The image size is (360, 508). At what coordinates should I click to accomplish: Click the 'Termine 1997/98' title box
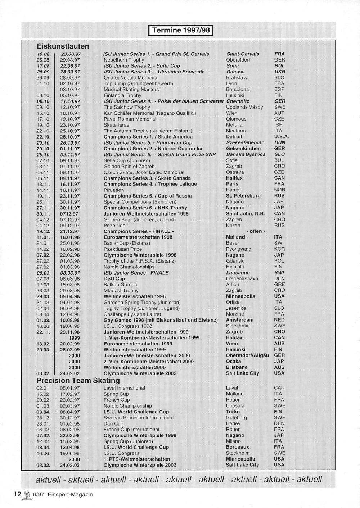tap(181, 30)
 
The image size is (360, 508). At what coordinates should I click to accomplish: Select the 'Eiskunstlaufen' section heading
tap(63, 46)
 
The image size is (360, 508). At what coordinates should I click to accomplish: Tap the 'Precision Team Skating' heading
tap(78, 381)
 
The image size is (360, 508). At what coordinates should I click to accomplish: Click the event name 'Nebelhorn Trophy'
tap(124, 60)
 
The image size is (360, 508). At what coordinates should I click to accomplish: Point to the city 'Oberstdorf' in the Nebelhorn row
tap(238, 60)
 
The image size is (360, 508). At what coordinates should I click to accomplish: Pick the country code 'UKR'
tap(279, 72)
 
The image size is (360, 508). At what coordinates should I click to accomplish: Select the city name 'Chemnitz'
tap(238, 101)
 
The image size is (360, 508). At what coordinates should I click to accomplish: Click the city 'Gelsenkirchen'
tap(243, 149)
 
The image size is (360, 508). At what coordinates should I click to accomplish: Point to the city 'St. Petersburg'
tap(243, 196)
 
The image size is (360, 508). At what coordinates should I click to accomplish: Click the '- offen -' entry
tap(256, 231)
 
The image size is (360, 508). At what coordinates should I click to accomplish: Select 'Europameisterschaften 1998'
tap(138, 237)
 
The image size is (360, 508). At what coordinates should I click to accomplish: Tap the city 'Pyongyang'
tap(238, 249)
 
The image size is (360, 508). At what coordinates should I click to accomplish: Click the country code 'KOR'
tap(279, 249)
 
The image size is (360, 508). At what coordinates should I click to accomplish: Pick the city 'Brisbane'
tap(237, 367)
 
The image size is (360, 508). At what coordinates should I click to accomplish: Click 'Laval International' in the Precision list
tap(124, 388)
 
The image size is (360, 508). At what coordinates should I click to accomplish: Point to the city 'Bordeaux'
tap(237, 447)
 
